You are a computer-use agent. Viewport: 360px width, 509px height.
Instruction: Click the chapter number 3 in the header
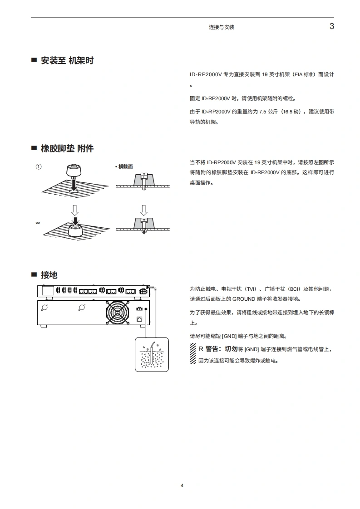(332, 26)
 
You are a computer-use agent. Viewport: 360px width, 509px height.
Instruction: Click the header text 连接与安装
(222, 27)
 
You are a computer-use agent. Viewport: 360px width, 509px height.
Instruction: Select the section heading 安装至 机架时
(67, 60)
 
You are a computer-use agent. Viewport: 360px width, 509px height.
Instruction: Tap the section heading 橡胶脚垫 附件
(67, 148)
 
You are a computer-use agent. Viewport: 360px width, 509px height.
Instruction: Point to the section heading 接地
(49, 275)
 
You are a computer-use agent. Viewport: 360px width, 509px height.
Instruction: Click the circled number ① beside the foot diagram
(39, 166)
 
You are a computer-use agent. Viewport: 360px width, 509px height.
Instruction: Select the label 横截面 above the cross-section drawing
(125, 166)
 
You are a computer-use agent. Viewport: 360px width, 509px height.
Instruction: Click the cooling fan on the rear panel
(118, 313)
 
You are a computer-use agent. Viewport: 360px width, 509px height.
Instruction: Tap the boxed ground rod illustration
(152, 354)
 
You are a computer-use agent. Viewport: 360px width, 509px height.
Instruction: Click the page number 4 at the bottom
(182, 485)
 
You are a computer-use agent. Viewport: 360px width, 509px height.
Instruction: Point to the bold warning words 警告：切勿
(222, 349)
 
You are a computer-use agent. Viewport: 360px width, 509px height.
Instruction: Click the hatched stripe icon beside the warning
(192, 353)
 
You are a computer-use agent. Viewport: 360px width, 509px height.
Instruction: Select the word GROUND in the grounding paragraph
(244, 299)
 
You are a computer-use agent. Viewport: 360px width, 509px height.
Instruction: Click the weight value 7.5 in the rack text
(262, 112)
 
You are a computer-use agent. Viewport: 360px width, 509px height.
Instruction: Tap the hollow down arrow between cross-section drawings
(143, 210)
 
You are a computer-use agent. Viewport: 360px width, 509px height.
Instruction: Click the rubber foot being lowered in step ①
(74, 171)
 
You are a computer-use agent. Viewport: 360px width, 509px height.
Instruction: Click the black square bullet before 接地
(34, 274)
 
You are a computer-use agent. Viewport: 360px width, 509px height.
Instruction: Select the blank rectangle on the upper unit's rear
(48, 290)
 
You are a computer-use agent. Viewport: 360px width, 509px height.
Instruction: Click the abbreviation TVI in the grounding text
(250, 289)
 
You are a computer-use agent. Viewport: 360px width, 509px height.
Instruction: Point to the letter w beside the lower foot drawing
(38, 223)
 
